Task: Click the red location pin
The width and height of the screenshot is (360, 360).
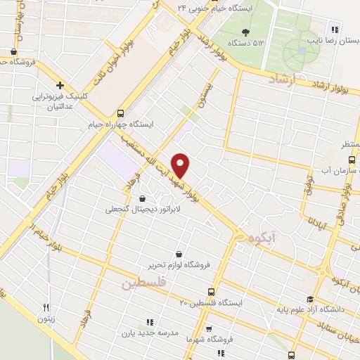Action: pyautogui.click(x=181, y=165)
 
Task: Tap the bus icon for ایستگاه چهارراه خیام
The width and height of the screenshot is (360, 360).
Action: pyautogui.click(x=120, y=113)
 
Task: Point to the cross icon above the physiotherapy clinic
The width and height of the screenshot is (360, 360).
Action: pyautogui.click(x=60, y=86)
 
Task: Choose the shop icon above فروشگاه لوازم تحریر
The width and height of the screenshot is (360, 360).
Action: pyautogui.click(x=179, y=253)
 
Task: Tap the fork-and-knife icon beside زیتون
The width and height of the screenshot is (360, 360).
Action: pyautogui.click(x=46, y=307)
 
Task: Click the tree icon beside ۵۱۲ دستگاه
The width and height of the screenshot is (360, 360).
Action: pyautogui.click(x=245, y=32)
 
